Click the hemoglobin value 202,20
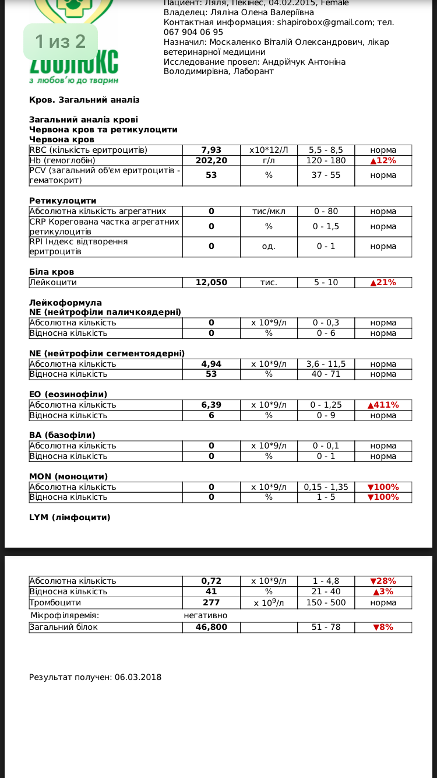click(211, 160)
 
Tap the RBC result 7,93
click(211, 150)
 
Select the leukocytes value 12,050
click(211, 282)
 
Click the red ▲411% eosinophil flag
click(383, 405)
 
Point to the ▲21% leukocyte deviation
click(383, 282)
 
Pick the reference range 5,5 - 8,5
click(326, 150)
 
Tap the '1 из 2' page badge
click(60, 41)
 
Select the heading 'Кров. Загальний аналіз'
click(84, 100)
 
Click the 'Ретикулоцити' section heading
click(63, 201)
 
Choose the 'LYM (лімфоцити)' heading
click(70, 517)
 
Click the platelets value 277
click(211, 602)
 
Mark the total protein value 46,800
click(211, 627)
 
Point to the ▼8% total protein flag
click(383, 627)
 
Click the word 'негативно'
click(206, 615)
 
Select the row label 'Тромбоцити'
click(55, 602)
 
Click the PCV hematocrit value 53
click(211, 175)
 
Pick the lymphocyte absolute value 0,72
click(211, 581)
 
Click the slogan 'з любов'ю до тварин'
click(74, 79)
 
